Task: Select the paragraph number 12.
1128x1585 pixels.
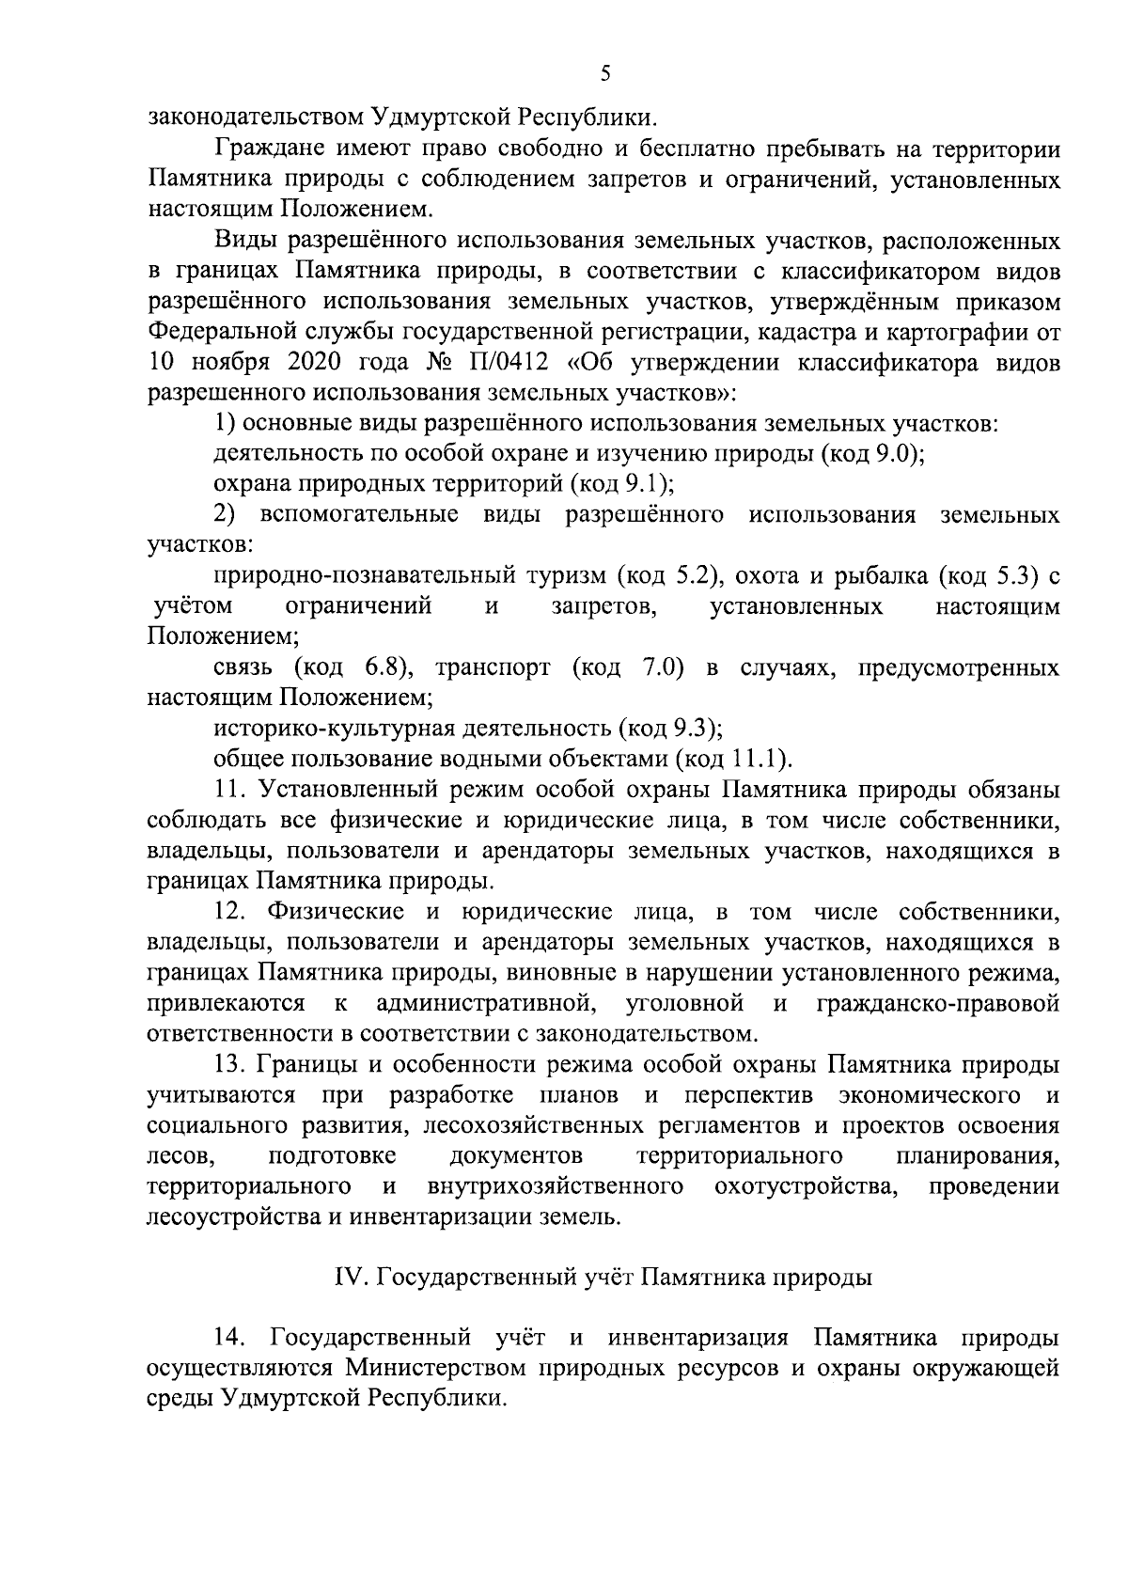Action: pyautogui.click(x=230, y=911)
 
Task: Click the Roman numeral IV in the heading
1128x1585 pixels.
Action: pyautogui.click(x=349, y=1278)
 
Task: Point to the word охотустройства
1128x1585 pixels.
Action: pyautogui.click(x=805, y=1186)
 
